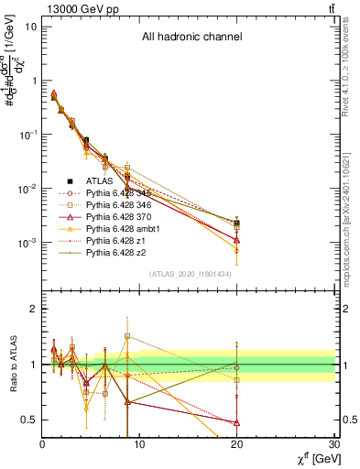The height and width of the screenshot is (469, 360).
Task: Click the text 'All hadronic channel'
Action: click(191, 38)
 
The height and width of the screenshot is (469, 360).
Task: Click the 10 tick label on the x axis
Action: click(139, 444)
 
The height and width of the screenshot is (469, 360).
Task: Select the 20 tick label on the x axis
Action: click(237, 444)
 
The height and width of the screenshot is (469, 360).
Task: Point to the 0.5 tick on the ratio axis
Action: click(30, 420)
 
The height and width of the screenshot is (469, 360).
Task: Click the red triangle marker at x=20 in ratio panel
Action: click(237, 422)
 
